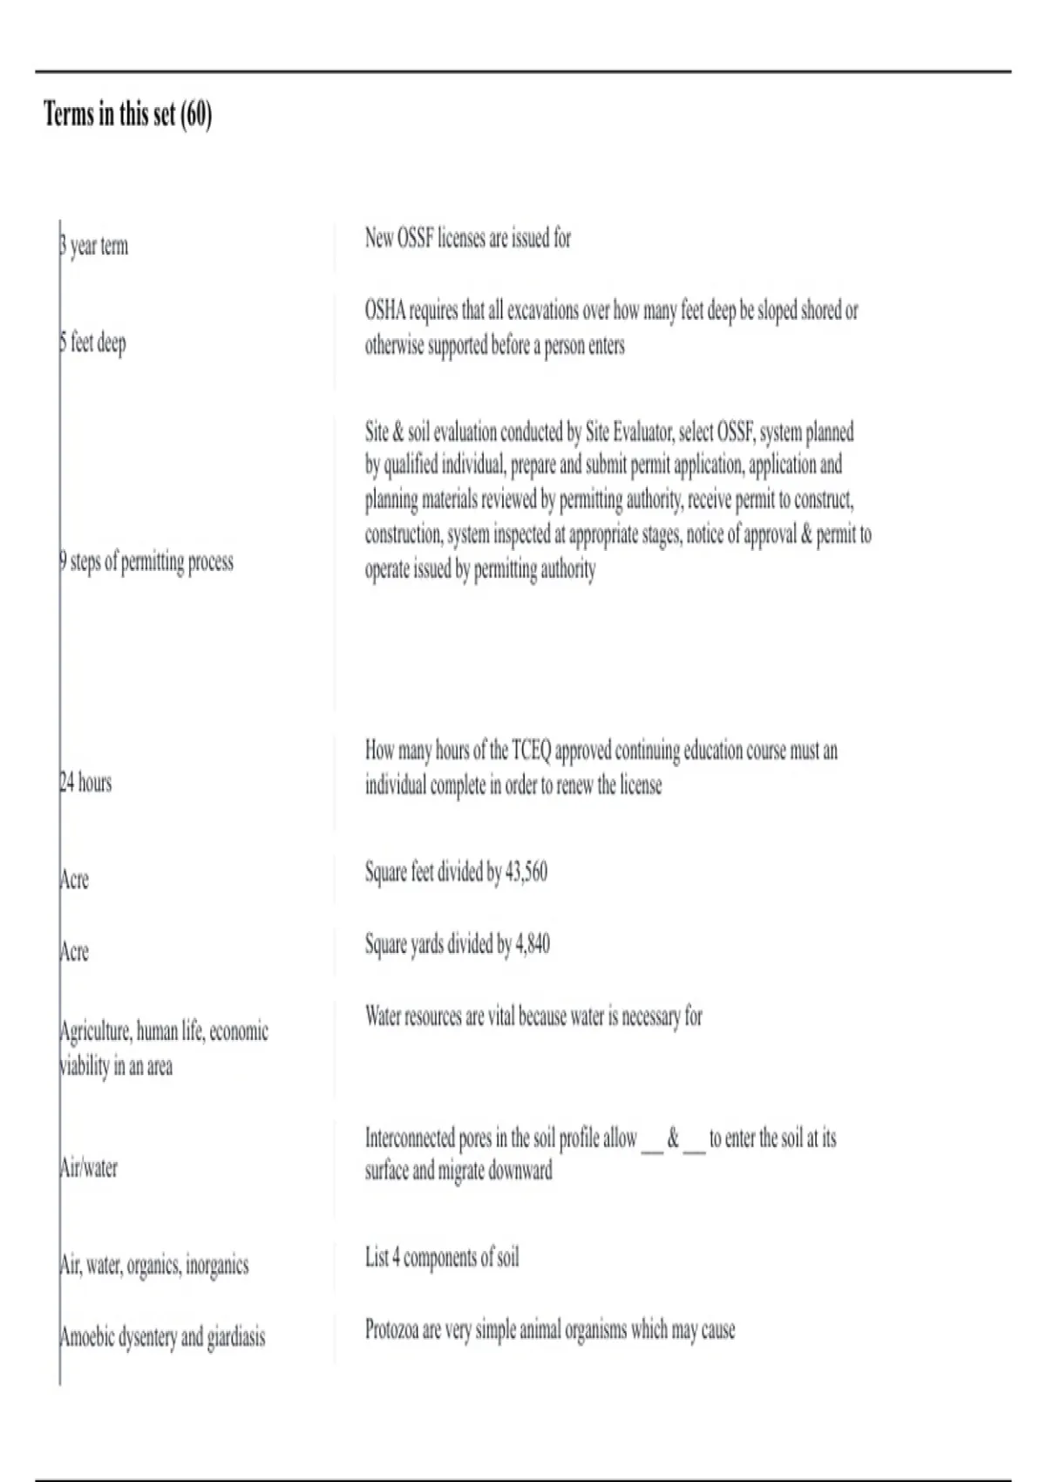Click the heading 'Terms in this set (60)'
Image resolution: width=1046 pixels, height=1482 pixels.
pyautogui.click(x=127, y=114)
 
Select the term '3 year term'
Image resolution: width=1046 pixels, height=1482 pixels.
pyautogui.click(x=94, y=246)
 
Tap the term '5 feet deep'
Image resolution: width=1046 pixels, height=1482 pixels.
pyautogui.click(x=93, y=343)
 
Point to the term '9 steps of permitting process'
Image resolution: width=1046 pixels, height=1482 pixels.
pyautogui.click(x=146, y=561)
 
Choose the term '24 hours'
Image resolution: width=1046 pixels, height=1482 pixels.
pyautogui.click(x=85, y=783)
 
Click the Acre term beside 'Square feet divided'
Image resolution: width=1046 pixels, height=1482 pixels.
pyautogui.click(x=74, y=880)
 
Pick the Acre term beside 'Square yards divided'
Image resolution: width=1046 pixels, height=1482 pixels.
pyautogui.click(x=74, y=951)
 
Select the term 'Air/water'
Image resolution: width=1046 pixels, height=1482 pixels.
pyautogui.click(x=88, y=1168)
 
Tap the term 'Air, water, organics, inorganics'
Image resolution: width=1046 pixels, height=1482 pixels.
pyautogui.click(x=154, y=1265)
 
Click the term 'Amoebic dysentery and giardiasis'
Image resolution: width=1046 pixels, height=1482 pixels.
pyautogui.click(x=162, y=1336)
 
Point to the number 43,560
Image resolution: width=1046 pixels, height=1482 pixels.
pyautogui.click(x=526, y=872)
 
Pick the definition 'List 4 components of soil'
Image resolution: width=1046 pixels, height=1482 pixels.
pyautogui.click(x=442, y=1258)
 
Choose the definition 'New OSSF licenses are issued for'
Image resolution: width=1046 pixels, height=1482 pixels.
pyautogui.click(x=468, y=238)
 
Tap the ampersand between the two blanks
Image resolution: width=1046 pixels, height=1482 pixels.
pyautogui.click(x=673, y=1138)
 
